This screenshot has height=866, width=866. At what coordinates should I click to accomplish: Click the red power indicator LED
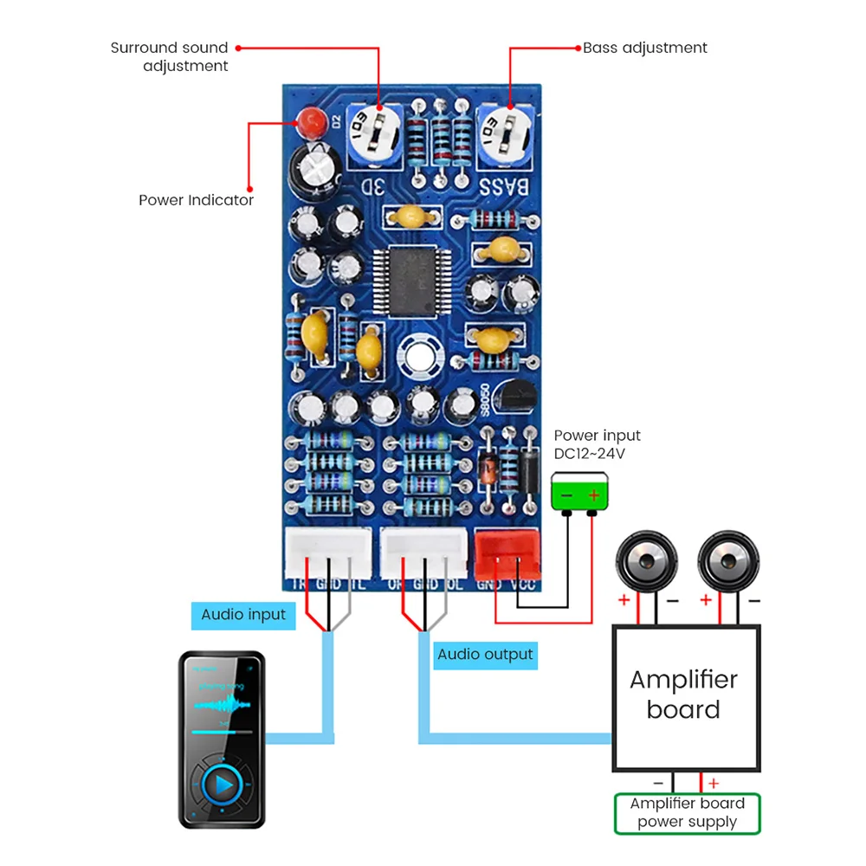[x=309, y=121]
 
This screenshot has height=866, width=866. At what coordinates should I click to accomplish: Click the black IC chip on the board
[x=413, y=281]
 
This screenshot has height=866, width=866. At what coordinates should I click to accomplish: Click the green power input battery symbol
[x=579, y=495]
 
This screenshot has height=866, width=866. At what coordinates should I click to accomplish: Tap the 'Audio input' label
[x=243, y=615]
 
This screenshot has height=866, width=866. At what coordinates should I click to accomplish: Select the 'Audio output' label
[x=485, y=654]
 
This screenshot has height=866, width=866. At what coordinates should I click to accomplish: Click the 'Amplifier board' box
[x=683, y=696]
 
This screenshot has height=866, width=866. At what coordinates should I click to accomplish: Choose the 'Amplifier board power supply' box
[x=687, y=813]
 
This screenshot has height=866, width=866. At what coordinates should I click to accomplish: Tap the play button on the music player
[x=223, y=785]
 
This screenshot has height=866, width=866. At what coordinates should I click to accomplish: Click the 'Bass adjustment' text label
[x=645, y=48]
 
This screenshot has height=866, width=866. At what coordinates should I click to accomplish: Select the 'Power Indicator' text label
[x=196, y=200]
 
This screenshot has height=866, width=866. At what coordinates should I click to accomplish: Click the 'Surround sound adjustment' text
[x=170, y=56]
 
